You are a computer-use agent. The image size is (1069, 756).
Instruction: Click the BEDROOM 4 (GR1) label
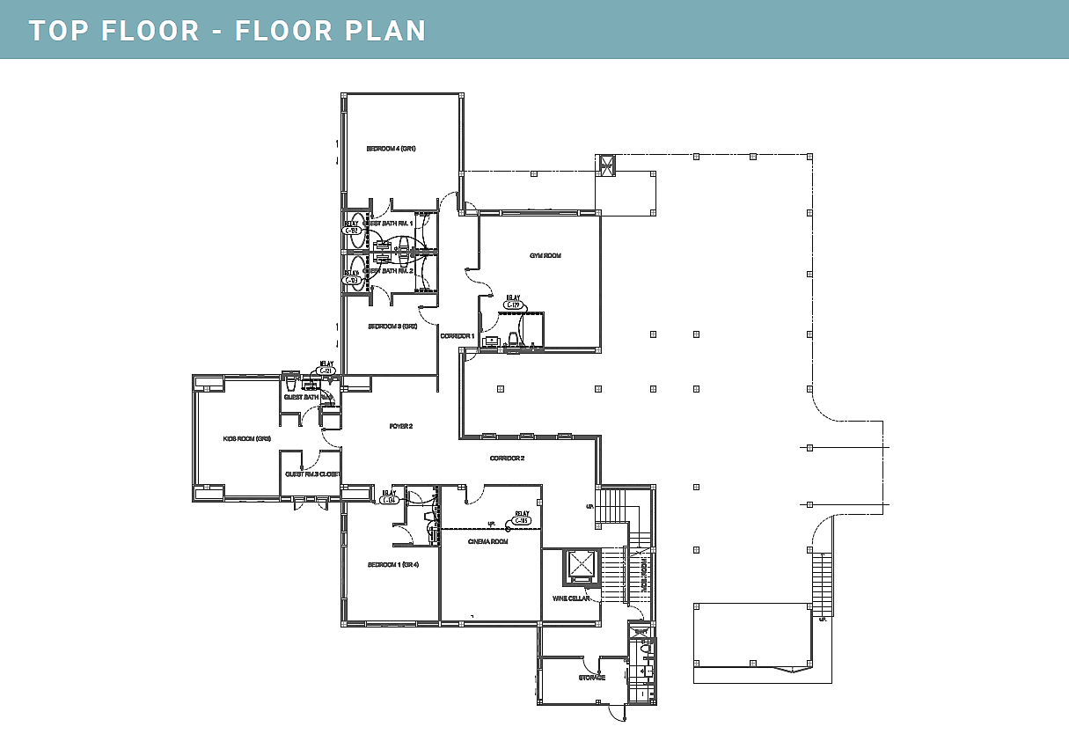tap(391, 149)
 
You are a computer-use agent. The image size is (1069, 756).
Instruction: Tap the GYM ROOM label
tap(545, 256)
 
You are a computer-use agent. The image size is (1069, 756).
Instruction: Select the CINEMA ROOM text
tap(487, 542)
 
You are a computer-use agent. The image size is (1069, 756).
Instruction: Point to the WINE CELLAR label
tap(570, 598)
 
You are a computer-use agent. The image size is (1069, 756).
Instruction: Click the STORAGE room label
tap(591, 678)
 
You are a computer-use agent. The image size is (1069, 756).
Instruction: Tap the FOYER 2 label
tap(401, 426)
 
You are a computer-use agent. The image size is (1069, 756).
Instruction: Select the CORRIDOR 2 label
tap(507, 459)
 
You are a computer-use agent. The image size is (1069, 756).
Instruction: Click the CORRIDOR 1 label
tap(457, 336)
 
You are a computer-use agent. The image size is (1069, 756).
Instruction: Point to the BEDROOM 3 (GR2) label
tap(392, 327)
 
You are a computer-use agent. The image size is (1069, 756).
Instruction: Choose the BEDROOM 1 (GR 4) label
tap(392, 565)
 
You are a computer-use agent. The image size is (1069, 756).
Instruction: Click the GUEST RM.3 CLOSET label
tap(311, 474)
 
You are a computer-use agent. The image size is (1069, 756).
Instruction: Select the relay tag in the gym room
tap(513, 304)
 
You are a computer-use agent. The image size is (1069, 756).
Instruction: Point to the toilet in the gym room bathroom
tap(514, 338)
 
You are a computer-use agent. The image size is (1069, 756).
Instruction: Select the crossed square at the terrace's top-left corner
tap(605, 165)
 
